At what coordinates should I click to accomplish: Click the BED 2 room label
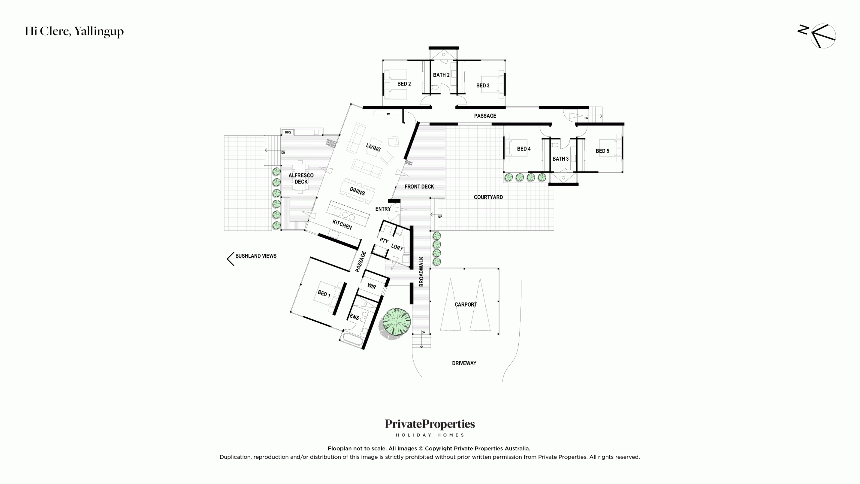pos(404,84)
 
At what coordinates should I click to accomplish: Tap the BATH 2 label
pos(441,75)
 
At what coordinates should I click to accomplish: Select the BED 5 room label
pos(602,151)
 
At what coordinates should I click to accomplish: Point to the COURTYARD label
pos(488,197)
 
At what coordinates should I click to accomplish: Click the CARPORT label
pos(466,305)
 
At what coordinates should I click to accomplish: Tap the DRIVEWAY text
pos(464,363)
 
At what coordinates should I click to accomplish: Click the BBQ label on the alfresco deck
pos(288,132)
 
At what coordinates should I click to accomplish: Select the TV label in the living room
pos(388,114)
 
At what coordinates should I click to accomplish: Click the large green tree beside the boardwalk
pos(397,322)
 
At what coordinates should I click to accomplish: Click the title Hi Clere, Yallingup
pos(74,31)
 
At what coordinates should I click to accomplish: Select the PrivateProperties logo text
pos(430,424)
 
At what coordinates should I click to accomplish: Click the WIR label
pos(372,286)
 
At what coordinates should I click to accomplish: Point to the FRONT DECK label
pos(419,187)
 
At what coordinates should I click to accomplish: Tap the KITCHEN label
pos(342,224)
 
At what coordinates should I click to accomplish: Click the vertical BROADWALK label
pos(421,272)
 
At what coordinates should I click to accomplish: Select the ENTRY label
pos(383,209)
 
